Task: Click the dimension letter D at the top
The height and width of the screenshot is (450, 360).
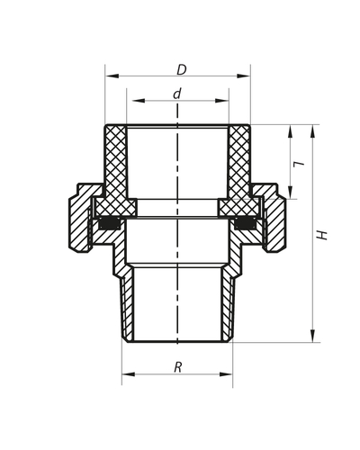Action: (181, 69)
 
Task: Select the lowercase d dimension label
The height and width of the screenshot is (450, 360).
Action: (177, 94)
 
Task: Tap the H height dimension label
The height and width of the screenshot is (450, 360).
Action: (322, 234)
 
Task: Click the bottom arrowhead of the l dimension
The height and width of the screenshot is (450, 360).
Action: (290, 195)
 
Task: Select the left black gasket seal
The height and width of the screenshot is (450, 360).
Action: (110, 222)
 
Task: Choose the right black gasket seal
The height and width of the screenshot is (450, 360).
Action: (245, 222)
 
